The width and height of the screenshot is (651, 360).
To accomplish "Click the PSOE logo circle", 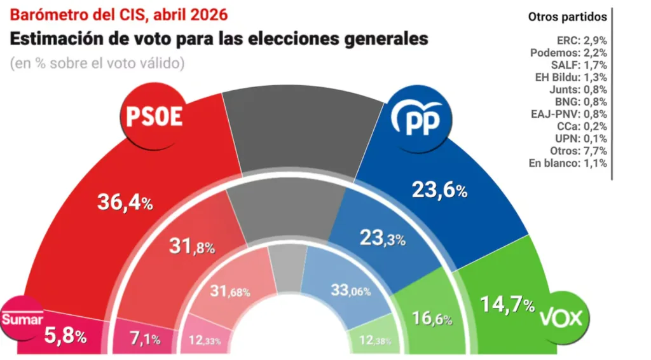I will click(x=154, y=116).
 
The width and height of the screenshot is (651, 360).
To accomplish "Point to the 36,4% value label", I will click(x=125, y=203).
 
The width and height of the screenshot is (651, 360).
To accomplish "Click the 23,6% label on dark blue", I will click(x=440, y=190).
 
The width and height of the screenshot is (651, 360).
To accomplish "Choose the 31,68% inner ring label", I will click(x=230, y=291).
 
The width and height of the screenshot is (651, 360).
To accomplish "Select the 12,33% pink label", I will click(x=204, y=340).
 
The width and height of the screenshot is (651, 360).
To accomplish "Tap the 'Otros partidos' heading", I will click(x=567, y=17).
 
